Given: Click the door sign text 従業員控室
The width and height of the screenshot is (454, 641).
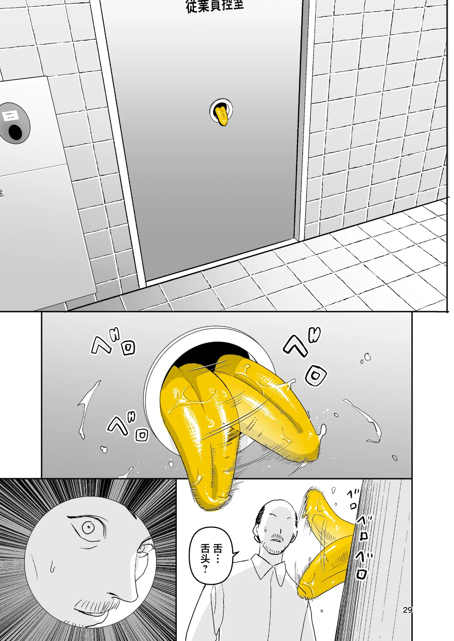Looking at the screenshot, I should point(215,6).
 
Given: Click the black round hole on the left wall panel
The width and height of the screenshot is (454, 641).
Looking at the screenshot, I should point(15,132).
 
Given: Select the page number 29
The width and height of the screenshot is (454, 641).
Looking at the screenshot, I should point(408,609).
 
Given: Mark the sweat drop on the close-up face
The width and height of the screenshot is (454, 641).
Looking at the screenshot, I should point(52,567).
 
